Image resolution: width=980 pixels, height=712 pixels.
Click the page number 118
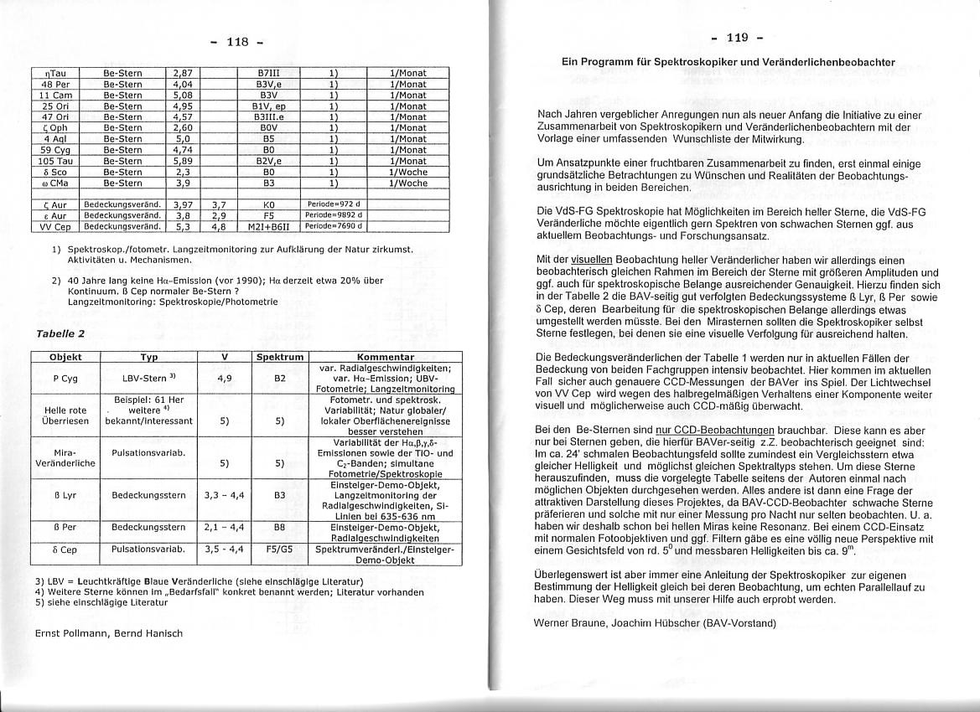pos(239,41)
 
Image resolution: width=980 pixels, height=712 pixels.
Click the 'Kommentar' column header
pos(386,357)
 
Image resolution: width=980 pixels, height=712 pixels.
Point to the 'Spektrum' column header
pos(280,357)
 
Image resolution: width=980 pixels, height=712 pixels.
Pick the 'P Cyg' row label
pos(65,378)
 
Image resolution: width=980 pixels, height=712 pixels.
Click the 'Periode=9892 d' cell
pos(333,215)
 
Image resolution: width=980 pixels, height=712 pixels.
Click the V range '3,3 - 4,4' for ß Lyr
pos(224,495)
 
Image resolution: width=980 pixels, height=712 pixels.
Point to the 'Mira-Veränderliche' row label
pos(65,457)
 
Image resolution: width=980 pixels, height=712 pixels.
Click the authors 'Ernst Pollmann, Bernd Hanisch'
pos(108,633)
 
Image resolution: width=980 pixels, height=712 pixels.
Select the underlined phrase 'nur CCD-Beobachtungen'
pos(703,429)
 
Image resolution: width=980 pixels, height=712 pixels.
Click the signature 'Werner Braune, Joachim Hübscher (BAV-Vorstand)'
pos(655,623)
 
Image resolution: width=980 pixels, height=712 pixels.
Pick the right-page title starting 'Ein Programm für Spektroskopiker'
pos(728,63)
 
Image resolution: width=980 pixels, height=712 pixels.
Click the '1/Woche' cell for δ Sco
pos(407,172)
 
